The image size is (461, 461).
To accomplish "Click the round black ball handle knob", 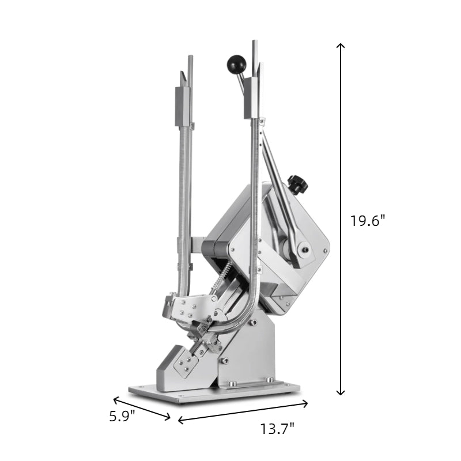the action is point(236,63).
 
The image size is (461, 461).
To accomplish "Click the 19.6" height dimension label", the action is point(368,221).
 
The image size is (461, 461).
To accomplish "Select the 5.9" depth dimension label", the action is point(122,416).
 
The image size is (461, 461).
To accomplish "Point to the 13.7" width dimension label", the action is point(277,429).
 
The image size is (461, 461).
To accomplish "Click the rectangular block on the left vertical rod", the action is point(183,107).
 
